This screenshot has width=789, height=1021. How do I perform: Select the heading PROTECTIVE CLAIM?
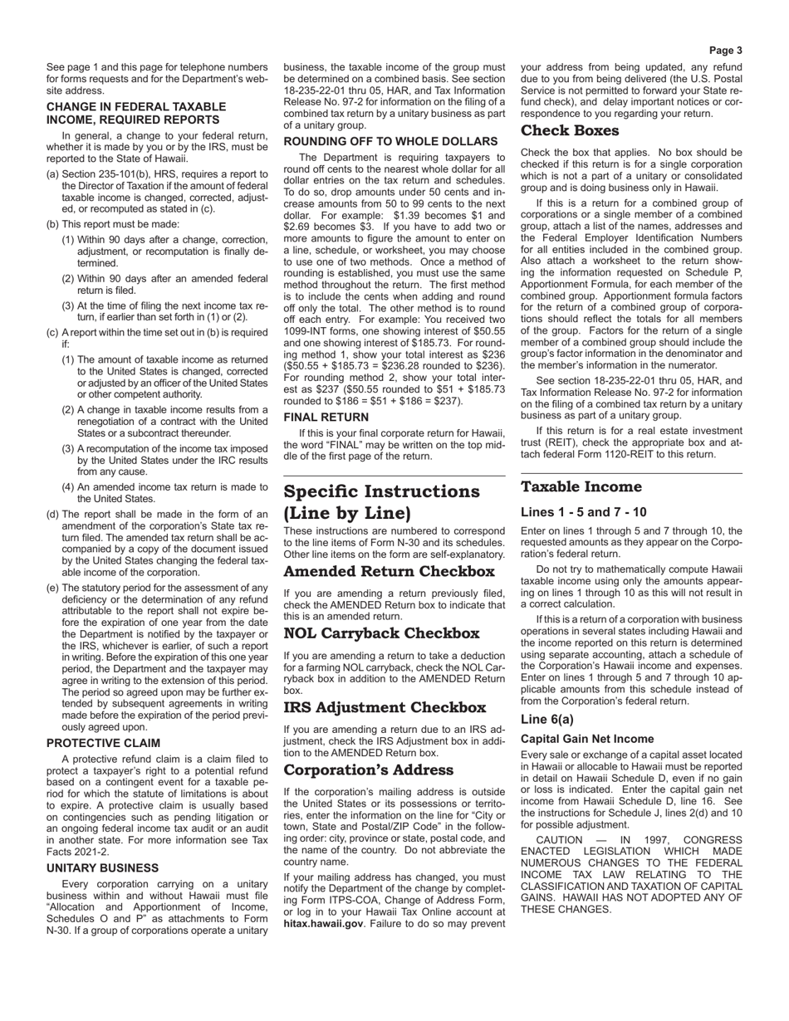[x=103, y=743]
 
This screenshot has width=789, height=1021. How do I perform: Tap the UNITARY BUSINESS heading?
[x=102, y=867]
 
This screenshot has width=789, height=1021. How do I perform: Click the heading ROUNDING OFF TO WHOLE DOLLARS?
[x=390, y=141]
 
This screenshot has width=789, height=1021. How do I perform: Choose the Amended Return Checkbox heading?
[x=389, y=572]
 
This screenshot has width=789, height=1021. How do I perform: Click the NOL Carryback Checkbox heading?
[x=381, y=633]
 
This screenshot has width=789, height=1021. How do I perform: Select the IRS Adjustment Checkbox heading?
[x=385, y=708]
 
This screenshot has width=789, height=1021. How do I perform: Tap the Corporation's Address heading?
[x=368, y=770]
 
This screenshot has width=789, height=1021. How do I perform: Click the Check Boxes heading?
[x=570, y=131]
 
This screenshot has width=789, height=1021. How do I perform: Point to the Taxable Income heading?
[x=581, y=487]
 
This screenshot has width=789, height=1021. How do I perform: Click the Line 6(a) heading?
[x=547, y=720]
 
